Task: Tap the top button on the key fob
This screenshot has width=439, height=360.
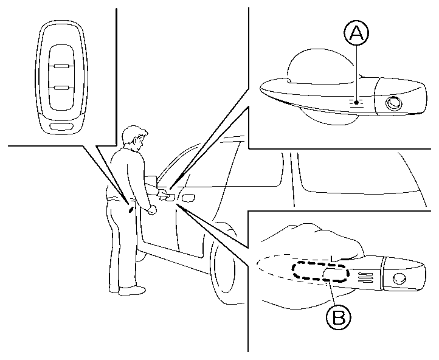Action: (61, 55)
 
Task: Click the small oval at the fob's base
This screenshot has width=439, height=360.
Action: (61, 126)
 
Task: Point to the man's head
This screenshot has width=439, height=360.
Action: (134, 139)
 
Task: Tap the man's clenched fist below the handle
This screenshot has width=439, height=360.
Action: (151, 209)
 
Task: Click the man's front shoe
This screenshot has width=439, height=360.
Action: (132, 291)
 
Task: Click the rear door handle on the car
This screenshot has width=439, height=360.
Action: (188, 197)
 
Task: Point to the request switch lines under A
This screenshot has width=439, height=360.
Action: (358, 104)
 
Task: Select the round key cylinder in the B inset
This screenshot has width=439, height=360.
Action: (400, 279)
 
